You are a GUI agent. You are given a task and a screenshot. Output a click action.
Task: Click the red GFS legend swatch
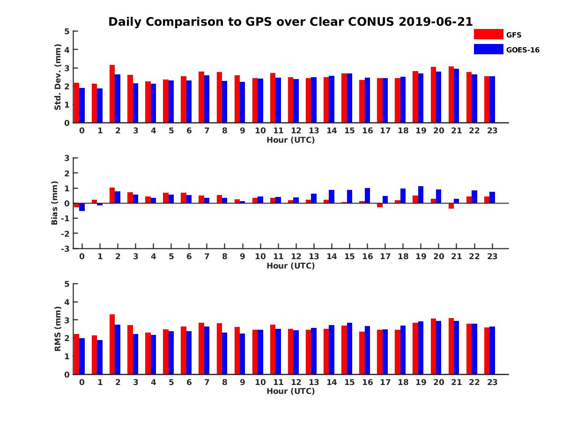click(488, 34)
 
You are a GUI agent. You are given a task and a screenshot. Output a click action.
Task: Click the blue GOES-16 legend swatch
click(488, 49)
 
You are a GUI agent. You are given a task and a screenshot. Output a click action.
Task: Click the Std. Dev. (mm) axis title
click(58, 77)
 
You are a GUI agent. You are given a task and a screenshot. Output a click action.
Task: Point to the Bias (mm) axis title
click(55, 203)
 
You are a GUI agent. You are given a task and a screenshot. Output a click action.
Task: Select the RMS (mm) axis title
click(58, 329)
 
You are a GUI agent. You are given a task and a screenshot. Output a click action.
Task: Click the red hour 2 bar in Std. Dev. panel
click(112, 94)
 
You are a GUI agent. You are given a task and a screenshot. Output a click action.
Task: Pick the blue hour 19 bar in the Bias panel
click(421, 195)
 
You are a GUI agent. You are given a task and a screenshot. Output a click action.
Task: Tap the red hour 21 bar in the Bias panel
click(451, 206)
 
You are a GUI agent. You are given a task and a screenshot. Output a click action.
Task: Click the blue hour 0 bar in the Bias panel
click(82, 207)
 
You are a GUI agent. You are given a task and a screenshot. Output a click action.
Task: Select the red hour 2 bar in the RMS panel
click(112, 344)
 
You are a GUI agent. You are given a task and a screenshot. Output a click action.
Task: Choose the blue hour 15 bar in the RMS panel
click(350, 348)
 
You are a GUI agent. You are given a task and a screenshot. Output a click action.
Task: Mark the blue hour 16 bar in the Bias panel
click(368, 196)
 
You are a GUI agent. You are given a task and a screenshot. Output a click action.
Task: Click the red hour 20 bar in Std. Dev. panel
click(433, 95)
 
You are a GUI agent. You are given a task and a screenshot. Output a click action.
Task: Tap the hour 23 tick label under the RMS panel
click(492, 382)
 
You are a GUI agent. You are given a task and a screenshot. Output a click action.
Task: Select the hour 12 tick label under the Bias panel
click(296, 256)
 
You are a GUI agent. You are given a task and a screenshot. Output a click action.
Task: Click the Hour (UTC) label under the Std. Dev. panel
click(290, 140)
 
